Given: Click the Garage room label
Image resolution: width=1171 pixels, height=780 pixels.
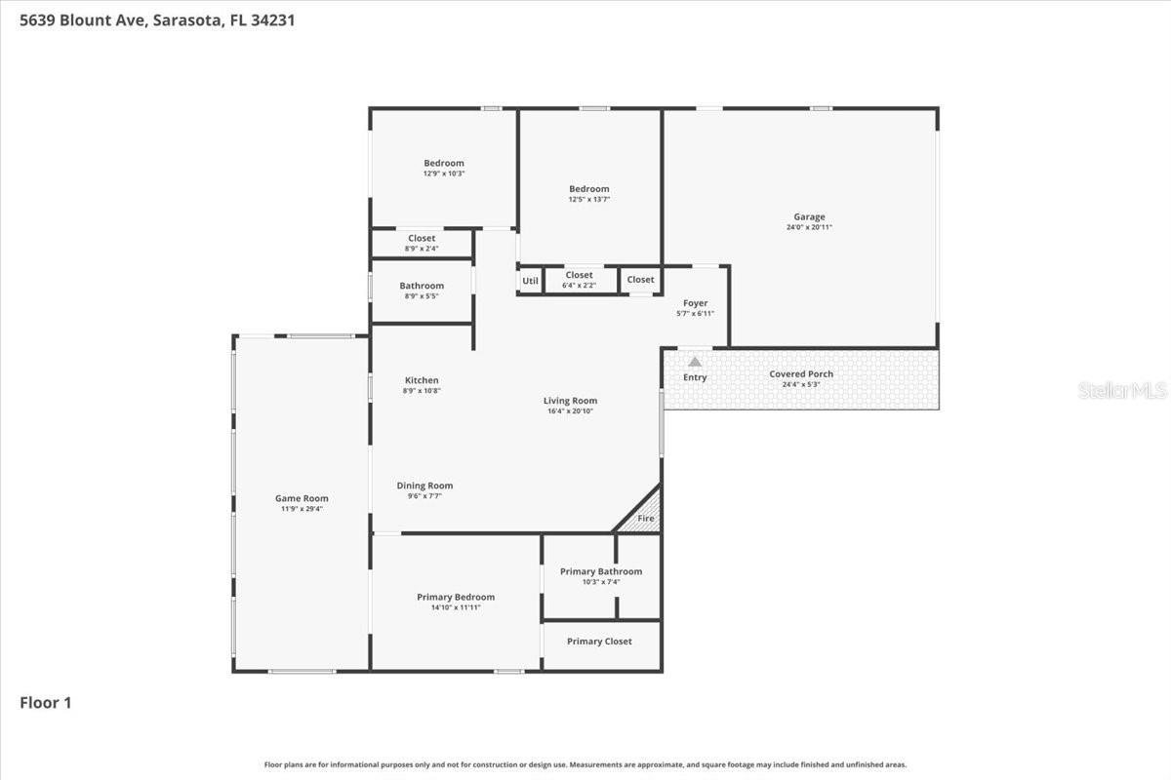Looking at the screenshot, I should (809, 217).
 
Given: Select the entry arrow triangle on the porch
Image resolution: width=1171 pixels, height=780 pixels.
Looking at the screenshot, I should (695, 362).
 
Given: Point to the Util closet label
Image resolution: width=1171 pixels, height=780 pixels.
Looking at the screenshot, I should (530, 281).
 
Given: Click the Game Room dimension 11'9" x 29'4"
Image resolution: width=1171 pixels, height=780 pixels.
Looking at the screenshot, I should (302, 509).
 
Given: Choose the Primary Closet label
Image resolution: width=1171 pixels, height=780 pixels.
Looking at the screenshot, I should (599, 642).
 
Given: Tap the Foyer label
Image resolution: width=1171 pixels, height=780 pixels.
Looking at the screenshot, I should (695, 303).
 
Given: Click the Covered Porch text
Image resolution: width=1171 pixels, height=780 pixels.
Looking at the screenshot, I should (801, 373).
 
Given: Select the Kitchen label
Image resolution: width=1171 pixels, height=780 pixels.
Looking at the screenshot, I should (422, 380).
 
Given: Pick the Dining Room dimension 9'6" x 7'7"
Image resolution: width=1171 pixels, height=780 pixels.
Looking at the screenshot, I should (424, 496).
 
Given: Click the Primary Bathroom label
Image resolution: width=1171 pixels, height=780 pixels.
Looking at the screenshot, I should (601, 571).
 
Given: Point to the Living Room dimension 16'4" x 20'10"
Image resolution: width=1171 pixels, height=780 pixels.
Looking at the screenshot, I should (570, 411).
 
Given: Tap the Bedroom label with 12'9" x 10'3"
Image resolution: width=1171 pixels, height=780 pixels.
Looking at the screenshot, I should (444, 163).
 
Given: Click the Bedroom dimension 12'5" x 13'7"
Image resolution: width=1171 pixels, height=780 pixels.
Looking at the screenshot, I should (589, 200).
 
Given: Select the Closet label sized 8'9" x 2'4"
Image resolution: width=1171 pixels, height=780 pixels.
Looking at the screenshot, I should (422, 238).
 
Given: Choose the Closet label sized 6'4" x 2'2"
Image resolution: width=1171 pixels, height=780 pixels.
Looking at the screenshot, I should (579, 275).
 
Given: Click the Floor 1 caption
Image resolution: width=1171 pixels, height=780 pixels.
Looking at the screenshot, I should (46, 702).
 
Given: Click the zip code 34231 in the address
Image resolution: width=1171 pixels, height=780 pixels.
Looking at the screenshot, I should (271, 19).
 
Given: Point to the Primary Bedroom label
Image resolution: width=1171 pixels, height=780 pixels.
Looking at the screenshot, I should (456, 597).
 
